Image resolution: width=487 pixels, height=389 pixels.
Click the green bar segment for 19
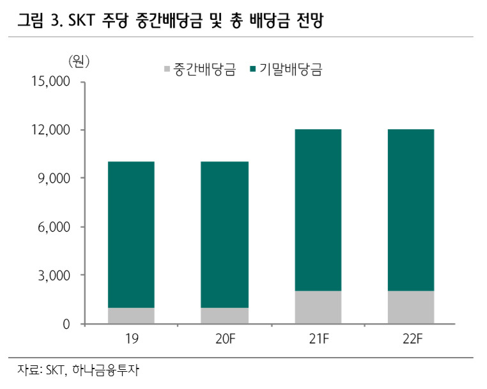pyautogui.click(x=131, y=235)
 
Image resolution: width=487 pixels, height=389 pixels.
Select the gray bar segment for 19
pyautogui.click(x=131, y=315)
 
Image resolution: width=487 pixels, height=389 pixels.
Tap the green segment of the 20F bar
pyautogui.click(x=224, y=235)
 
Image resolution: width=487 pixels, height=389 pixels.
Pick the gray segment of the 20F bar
pyautogui.click(x=224, y=315)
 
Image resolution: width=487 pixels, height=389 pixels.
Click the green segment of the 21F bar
pyautogui.click(x=318, y=210)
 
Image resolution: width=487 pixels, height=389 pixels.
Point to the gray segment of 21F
pyautogui.click(x=318, y=307)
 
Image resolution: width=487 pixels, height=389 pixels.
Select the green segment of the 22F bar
pyautogui.click(x=411, y=210)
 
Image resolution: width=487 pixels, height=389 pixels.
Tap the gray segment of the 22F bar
pyautogui.click(x=411, y=307)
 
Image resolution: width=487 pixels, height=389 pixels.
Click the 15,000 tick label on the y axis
pyautogui.click(x=50, y=81)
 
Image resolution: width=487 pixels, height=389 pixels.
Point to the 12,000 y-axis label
pyautogui.click(x=50, y=130)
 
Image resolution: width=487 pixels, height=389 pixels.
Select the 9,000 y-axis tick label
pyautogui.click(x=54, y=179)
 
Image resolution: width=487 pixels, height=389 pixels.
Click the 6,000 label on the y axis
pyautogui.click(x=54, y=227)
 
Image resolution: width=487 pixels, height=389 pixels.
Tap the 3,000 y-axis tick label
pyautogui.click(x=54, y=276)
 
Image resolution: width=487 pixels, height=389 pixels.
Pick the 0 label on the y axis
pyautogui.click(x=66, y=324)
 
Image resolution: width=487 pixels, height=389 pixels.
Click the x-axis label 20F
pyautogui.click(x=226, y=338)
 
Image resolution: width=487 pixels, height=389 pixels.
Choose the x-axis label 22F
pyautogui.click(x=412, y=338)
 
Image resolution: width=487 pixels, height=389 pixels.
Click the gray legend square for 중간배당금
pyautogui.click(x=167, y=69)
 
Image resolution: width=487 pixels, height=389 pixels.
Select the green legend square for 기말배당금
pyautogui.click(x=253, y=69)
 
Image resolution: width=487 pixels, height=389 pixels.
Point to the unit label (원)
pyautogui.click(x=79, y=61)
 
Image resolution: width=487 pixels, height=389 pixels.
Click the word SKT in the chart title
pyautogui.click(x=81, y=20)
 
